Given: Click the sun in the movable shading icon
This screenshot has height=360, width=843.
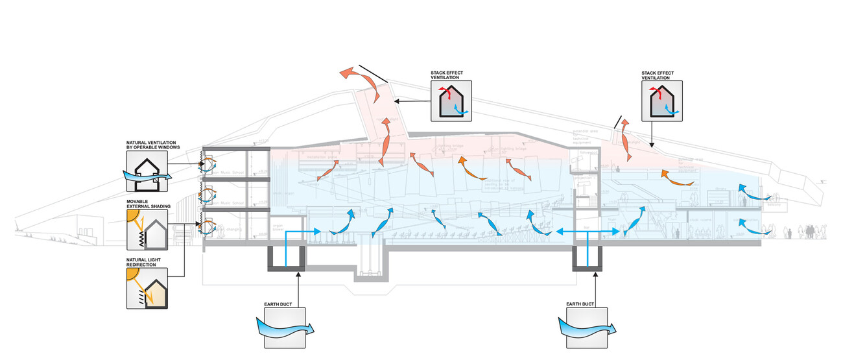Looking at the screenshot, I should coord(134,217).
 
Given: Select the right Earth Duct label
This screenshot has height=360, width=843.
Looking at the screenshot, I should coord(581,303).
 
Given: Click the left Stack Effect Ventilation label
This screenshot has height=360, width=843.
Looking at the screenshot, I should coord(451,75).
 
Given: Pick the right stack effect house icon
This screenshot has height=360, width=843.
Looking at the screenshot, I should coord(661,101).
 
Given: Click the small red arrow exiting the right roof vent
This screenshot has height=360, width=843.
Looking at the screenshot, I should coord(624,126).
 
